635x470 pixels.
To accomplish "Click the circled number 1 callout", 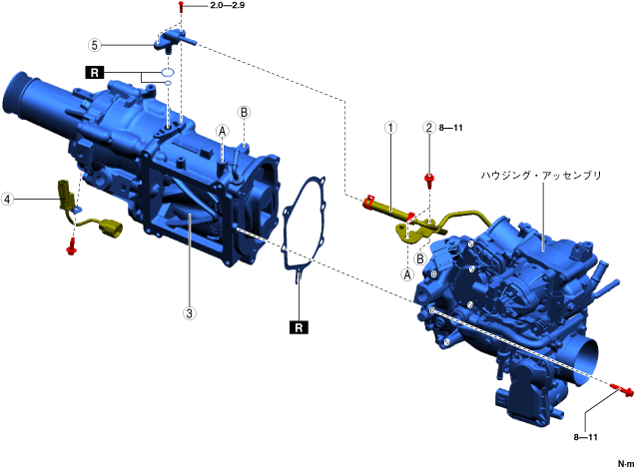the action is click(390, 128).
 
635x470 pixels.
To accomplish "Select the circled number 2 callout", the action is click(429, 128).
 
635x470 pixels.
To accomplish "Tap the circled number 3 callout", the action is click(189, 313).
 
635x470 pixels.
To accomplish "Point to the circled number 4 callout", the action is click(7, 199).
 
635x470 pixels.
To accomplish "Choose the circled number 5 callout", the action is click(95, 45).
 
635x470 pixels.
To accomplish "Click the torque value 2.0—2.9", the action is click(228, 6).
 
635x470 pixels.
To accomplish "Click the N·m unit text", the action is click(625, 464).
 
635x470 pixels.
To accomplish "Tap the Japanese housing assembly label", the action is click(541, 176).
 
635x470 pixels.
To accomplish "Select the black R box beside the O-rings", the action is click(95, 73).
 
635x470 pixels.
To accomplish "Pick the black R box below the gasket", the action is click(299, 327).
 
